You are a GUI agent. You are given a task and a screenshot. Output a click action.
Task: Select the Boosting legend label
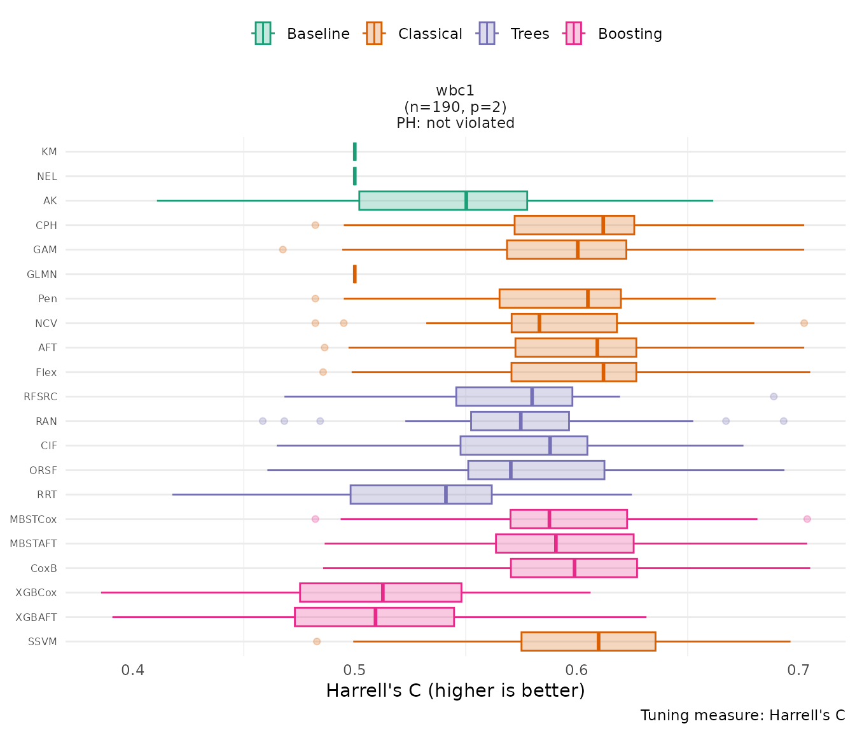(x=630, y=34)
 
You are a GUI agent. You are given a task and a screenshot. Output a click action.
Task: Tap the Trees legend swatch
(x=487, y=33)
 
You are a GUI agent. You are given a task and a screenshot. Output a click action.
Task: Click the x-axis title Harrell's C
(x=455, y=690)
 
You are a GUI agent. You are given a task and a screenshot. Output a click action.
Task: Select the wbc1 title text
(x=455, y=91)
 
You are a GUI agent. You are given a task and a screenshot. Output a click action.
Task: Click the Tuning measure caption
(x=742, y=715)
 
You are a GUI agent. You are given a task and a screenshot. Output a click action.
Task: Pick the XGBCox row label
(x=36, y=592)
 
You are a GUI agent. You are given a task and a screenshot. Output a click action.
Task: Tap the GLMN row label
(x=42, y=274)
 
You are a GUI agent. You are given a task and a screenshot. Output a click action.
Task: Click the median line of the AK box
(x=466, y=200)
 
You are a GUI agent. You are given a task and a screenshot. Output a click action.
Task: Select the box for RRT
(x=421, y=494)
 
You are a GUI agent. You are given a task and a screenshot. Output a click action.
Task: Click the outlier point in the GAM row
(x=283, y=249)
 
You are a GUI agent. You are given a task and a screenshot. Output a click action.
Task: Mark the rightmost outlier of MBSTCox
(x=807, y=519)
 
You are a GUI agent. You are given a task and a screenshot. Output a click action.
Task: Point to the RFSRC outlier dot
(x=774, y=396)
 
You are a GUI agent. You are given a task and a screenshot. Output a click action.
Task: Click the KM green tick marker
(x=355, y=151)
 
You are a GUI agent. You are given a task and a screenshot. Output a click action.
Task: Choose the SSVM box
(x=588, y=641)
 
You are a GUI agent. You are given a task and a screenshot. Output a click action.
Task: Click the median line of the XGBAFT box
(x=375, y=617)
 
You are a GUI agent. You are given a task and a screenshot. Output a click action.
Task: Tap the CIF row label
(x=49, y=445)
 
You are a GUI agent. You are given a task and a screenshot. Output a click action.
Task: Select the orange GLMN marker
(x=355, y=274)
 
